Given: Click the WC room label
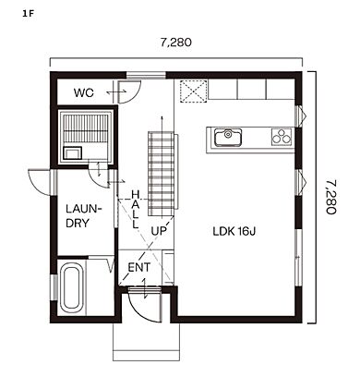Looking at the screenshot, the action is click(x=84, y=92).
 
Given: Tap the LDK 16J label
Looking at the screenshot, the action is click(x=234, y=231).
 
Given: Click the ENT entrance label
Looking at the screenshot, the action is click(x=139, y=267).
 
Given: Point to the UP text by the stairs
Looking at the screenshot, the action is click(x=159, y=231).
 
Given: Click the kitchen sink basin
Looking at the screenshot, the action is click(x=228, y=138).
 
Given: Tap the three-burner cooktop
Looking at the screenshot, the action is click(x=282, y=137).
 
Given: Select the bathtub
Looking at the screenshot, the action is click(x=72, y=289).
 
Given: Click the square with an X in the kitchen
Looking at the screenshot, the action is click(x=193, y=91).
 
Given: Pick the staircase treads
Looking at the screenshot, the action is click(x=162, y=174).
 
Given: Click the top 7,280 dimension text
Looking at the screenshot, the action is click(x=176, y=43).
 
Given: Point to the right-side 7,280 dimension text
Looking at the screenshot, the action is click(x=330, y=197).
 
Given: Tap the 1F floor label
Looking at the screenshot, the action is click(x=27, y=14).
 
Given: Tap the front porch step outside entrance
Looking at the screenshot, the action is click(x=146, y=342).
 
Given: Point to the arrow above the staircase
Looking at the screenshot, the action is click(x=162, y=124).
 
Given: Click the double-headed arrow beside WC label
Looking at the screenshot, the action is click(x=116, y=91).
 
